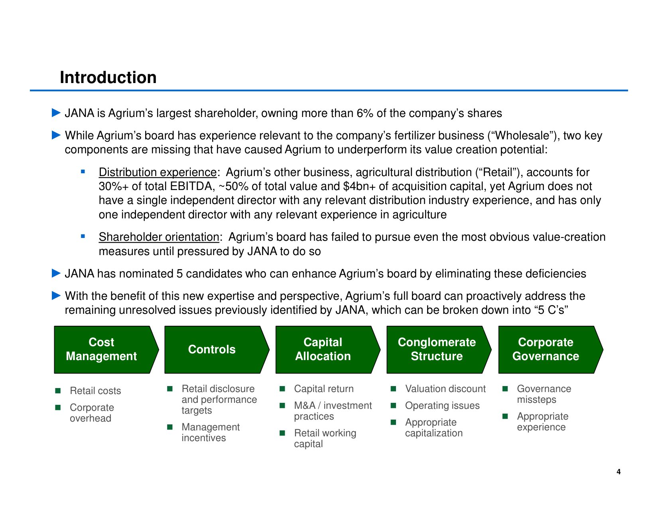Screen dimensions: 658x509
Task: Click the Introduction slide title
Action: [108, 77]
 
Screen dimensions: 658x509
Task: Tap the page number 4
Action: [619, 472]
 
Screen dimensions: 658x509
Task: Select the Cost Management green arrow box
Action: [106, 350]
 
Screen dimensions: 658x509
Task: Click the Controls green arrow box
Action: [217, 350]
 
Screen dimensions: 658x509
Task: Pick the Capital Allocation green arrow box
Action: [328, 350]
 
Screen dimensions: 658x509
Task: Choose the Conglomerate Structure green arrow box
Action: [439, 350]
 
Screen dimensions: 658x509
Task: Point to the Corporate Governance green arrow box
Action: [550, 350]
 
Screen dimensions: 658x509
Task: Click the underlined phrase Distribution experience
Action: [158, 172]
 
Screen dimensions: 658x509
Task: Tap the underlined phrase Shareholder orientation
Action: [159, 237]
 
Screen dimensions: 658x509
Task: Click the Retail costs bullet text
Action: [95, 391]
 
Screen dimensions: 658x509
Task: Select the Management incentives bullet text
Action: [211, 432]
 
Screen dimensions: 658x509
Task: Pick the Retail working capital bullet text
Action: [325, 438]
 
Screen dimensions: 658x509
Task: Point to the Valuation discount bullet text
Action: [445, 389]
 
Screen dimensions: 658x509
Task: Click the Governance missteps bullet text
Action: [544, 394]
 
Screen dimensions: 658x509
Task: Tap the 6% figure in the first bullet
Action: [364, 113]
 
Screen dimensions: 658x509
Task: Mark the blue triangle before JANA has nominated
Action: [56, 273]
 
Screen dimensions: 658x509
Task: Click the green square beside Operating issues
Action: [393, 405]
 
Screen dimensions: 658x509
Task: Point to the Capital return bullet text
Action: [324, 389]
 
